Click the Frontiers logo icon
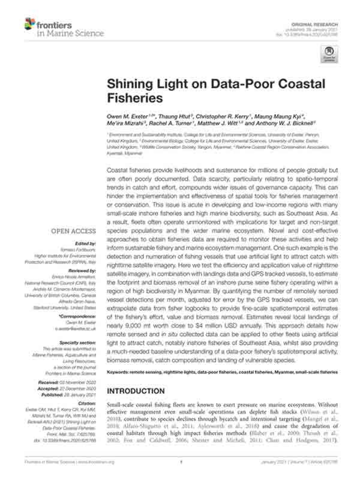coord(29,25)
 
